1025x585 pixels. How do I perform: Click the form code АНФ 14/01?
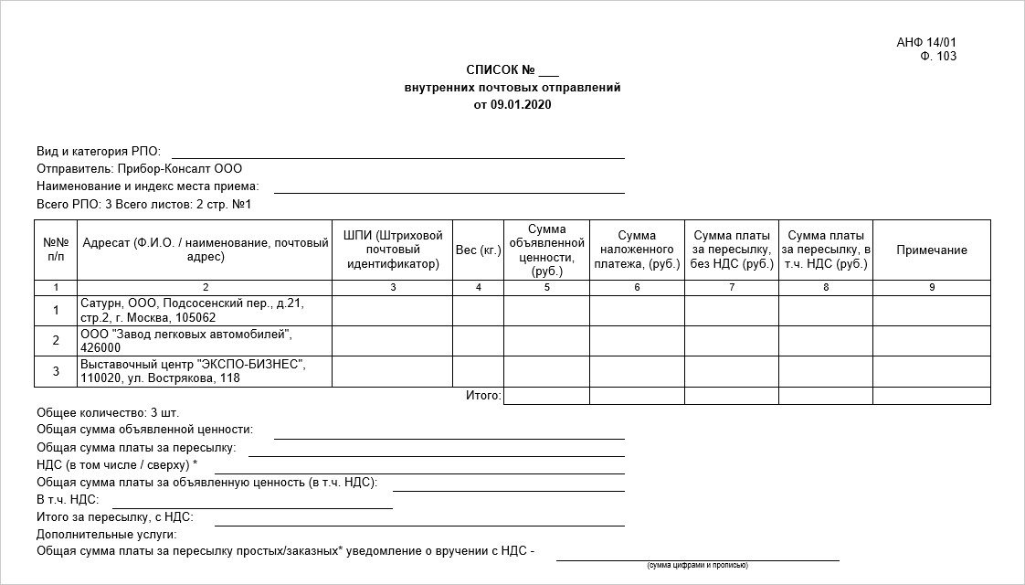coord(926,42)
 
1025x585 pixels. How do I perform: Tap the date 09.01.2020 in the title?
coord(521,104)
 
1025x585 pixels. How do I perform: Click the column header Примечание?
coord(931,250)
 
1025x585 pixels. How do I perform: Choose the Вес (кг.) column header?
coord(478,250)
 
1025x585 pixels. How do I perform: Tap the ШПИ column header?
coord(393,250)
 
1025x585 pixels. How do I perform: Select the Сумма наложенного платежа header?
coord(637,250)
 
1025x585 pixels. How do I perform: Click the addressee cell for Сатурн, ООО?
coord(204,310)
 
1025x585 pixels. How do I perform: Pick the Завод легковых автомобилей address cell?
coord(204,340)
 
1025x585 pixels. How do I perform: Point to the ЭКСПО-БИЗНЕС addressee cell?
coord(204,370)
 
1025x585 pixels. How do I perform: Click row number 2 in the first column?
coord(56,340)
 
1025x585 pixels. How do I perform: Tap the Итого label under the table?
coord(483,396)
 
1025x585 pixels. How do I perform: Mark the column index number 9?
coord(931,287)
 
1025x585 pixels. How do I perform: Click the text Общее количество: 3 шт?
coord(108,412)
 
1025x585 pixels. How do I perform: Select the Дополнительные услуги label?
coord(107,534)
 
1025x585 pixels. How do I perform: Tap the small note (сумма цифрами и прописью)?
coord(697,565)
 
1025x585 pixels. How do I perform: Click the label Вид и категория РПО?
coord(99,151)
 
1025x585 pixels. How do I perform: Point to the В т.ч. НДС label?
coord(68,499)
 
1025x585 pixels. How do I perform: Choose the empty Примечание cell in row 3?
coord(931,370)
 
